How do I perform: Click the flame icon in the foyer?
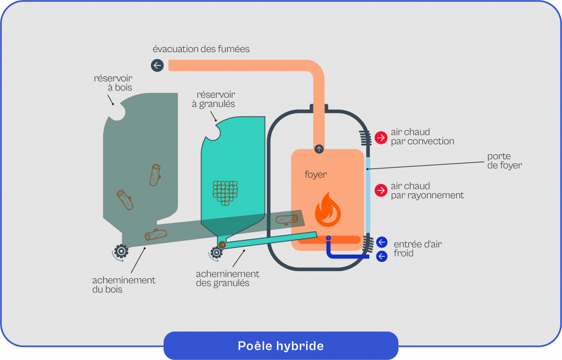click(327, 210)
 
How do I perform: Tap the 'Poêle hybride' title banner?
click(280, 346)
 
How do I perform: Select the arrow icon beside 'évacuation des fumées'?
click(158, 66)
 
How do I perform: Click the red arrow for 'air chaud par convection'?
click(381, 137)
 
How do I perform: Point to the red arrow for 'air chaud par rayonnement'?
click(381, 190)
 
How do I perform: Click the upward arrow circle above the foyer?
click(319, 149)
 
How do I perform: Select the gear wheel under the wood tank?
click(121, 251)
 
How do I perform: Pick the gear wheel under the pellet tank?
click(216, 252)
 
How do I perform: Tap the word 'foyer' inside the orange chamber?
click(316, 175)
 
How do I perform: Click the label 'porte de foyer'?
click(504, 161)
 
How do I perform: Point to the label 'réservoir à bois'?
click(113, 83)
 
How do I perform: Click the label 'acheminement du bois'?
click(123, 284)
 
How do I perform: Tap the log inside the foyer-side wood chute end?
click(287, 220)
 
